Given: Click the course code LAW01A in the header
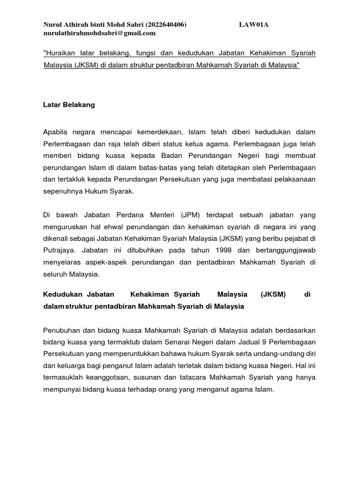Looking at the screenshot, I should (254, 25).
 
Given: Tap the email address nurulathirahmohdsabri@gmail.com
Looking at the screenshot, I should (99, 33).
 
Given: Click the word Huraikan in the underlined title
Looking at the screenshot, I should (59, 54).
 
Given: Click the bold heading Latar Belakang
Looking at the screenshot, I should (69, 105).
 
